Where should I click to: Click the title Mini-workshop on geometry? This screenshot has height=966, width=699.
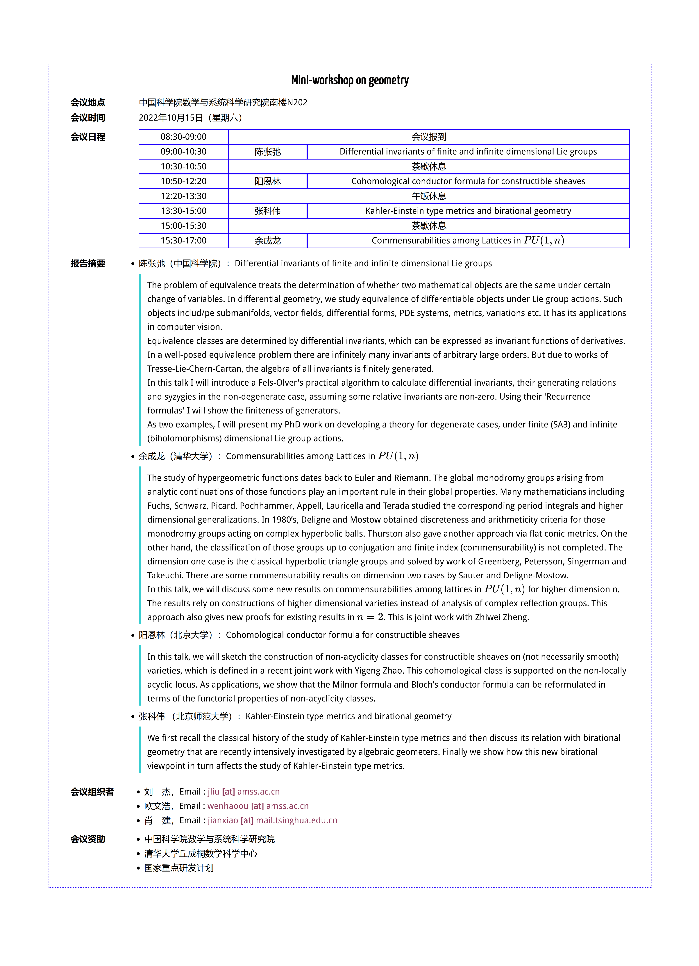pos(349,80)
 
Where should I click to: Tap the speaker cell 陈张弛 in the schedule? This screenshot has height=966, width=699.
pos(267,152)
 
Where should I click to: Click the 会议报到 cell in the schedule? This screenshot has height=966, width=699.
pos(428,137)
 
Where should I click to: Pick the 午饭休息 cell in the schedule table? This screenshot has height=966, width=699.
pos(428,196)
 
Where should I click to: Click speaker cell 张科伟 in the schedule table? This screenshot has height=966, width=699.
pos(267,211)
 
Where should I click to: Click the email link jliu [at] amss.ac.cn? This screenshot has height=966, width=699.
pos(244,791)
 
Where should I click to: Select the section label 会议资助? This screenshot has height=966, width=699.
pos(88,839)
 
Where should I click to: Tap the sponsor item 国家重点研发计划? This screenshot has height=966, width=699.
pos(179,868)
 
